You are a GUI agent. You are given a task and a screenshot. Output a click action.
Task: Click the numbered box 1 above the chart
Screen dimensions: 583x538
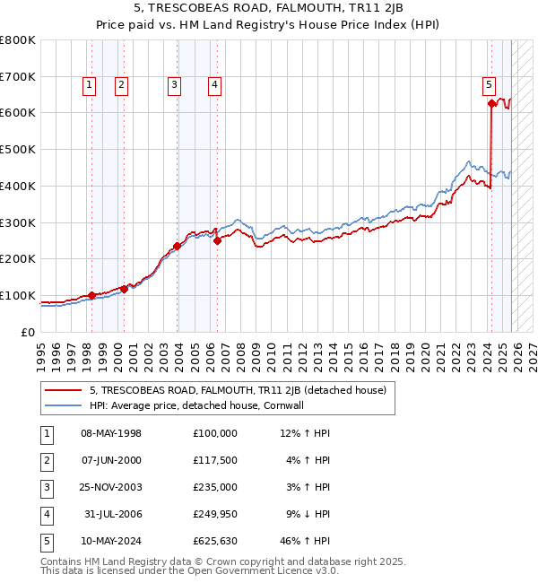point(91,85)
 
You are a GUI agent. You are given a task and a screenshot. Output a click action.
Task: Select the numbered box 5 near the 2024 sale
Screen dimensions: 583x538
point(489,85)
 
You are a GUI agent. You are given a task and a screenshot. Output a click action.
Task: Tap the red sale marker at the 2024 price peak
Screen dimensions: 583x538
point(491,104)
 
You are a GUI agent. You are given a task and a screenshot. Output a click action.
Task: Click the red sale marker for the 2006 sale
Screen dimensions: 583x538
point(217,240)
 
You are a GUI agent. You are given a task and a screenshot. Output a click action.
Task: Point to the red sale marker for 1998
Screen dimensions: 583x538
point(91,295)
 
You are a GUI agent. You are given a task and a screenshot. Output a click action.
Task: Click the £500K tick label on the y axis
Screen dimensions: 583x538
point(18,150)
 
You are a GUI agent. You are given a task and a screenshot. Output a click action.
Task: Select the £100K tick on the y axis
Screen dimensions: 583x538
point(18,296)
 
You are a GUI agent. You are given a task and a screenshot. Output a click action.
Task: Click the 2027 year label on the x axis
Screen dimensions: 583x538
point(532,350)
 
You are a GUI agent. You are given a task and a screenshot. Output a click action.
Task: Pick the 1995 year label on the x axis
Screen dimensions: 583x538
point(40,350)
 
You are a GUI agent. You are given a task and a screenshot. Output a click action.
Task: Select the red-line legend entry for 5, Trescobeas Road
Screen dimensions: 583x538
point(237,390)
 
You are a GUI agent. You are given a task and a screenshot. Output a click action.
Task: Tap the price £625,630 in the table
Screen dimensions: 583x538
point(214,541)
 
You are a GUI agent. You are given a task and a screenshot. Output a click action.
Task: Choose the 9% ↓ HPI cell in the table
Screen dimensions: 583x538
point(305,514)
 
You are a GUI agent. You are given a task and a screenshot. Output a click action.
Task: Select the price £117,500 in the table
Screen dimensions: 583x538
point(214,460)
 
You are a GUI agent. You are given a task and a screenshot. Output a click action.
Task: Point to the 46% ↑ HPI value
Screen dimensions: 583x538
point(305,541)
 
